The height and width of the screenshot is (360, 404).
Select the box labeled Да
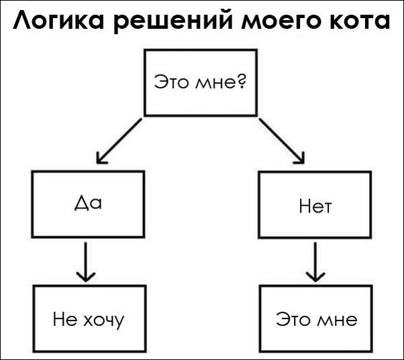click(88, 204)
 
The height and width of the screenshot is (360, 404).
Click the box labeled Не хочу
click(89, 318)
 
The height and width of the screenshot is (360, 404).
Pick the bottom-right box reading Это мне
click(316, 318)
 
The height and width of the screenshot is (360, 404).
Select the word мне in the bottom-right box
click(338, 319)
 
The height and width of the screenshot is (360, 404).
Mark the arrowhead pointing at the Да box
click(101, 158)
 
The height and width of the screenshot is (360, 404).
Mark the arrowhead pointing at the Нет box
click(301, 158)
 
